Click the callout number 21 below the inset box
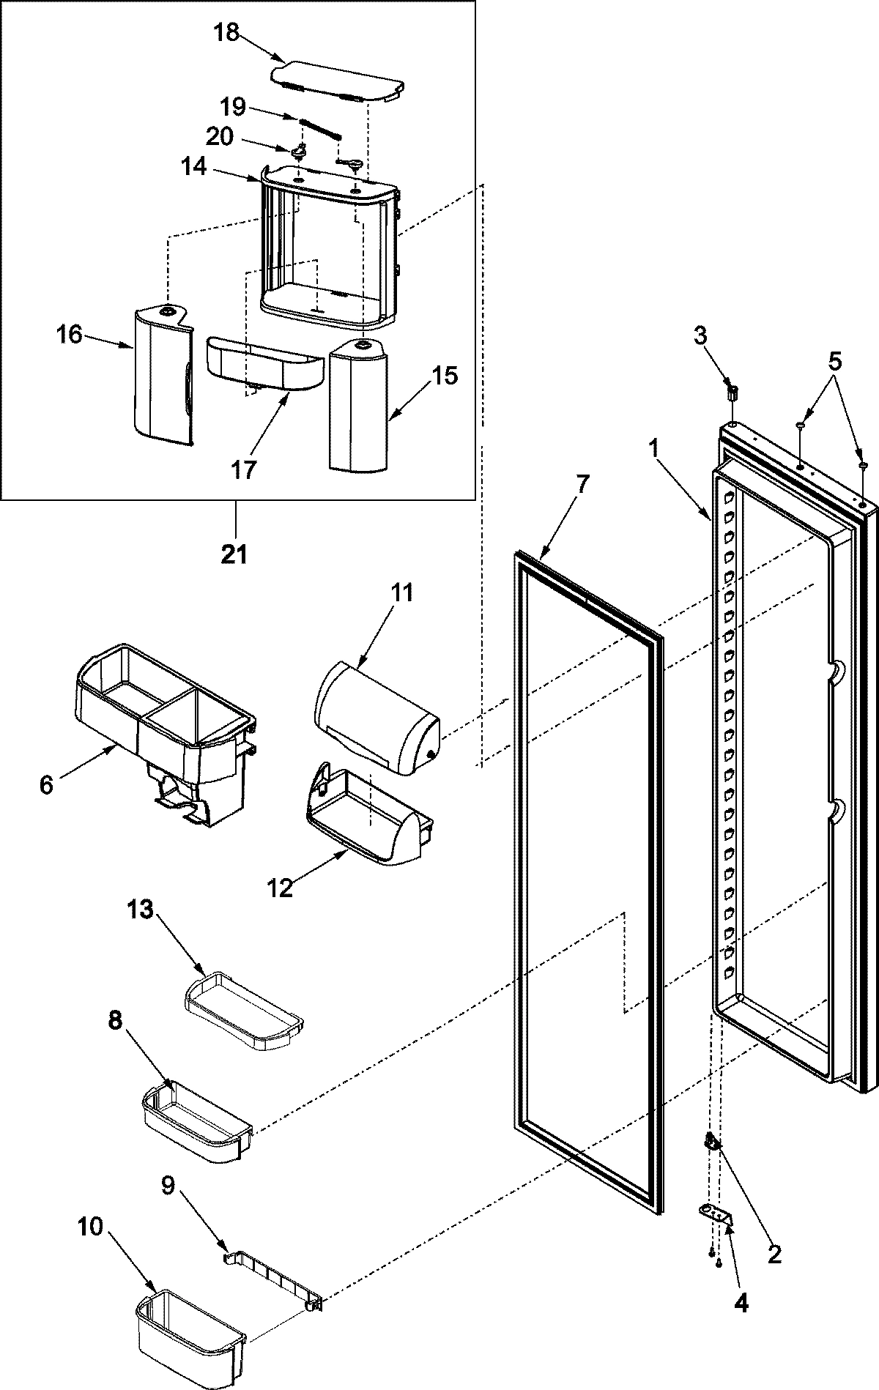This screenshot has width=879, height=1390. click(234, 555)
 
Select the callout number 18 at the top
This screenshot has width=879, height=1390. click(227, 33)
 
